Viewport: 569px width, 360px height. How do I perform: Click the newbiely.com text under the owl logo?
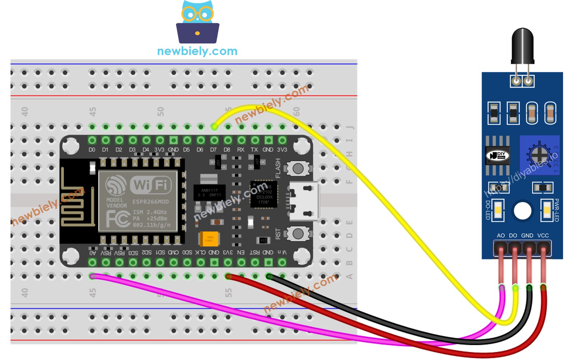tap(197, 51)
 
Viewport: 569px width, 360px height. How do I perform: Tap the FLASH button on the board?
tap(298, 169)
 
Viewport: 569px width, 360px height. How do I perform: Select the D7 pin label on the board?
tap(214, 150)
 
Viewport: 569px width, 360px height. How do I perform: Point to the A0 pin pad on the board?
tap(92, 262)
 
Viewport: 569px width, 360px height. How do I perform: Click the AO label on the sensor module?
tap(501, 236)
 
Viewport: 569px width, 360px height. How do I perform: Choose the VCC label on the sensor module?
tap(543, 236)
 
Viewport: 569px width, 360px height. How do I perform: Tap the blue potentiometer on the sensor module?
tap(539, 155)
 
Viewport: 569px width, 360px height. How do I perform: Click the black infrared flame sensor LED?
tap(522, 46)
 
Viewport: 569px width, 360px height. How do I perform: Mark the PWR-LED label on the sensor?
tap(556, 210)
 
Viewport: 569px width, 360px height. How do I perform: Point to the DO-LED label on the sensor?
tap(488, 210)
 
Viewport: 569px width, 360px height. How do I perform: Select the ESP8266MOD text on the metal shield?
tap(150, 202)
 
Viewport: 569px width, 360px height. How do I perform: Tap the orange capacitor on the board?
tap(209, 239)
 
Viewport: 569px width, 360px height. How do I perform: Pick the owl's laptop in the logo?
tap(197, 33)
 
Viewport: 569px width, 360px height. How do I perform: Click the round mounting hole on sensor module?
tap(522, 211)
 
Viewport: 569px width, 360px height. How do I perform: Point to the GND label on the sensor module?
tap(527, 236)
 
